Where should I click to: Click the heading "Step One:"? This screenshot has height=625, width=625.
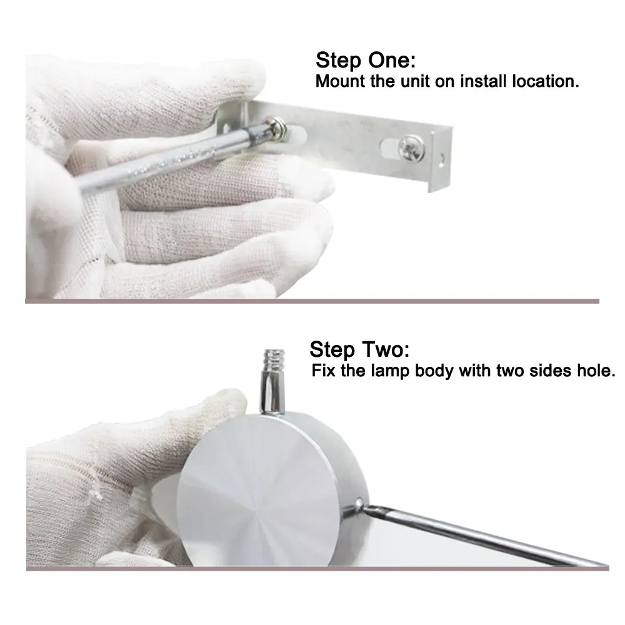point(366,61)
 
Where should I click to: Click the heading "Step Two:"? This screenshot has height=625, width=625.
point(359,349)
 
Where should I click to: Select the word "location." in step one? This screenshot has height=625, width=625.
point(545,81)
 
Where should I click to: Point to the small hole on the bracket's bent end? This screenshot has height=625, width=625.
point(442,159)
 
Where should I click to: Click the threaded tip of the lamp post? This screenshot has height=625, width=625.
point(274,361)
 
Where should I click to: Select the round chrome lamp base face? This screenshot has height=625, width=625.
point(258,495)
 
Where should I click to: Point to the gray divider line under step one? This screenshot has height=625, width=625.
point(312,301)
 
